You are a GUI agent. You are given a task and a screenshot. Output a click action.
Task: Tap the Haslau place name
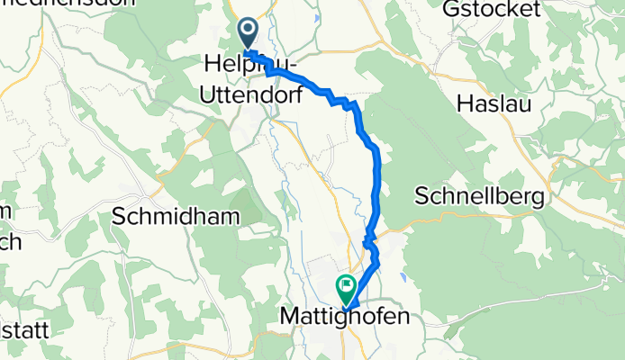(494, 103)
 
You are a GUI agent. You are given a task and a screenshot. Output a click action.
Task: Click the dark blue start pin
(248, 35)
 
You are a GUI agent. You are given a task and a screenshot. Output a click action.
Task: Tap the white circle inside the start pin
(248, 30)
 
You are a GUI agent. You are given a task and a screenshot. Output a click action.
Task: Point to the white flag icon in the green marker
(345, 285)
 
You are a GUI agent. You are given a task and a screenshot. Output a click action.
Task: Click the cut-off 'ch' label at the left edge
(7, 241)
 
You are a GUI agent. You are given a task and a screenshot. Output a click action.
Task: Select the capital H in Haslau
(466, 103)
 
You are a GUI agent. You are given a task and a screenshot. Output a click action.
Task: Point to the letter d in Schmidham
(181, 216)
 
